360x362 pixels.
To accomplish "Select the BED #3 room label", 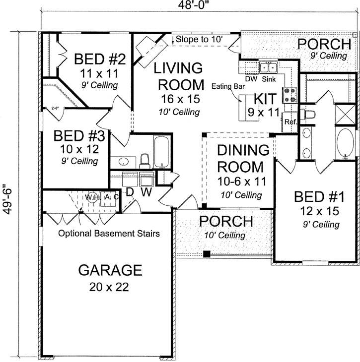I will click(x=76, y=135).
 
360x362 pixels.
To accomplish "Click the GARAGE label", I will click(x=110, y=270).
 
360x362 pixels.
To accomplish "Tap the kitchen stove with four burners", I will click(x=289, y=94).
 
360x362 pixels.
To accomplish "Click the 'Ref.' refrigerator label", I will click(x=289, y=121).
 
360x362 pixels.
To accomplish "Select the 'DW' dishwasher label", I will click(x=251, y=78).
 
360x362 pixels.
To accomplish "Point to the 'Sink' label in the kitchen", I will click(x=268, y=78).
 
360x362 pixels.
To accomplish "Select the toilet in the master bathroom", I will click(x=309, y=116).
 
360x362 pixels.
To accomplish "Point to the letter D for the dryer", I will click(x=130, y=192).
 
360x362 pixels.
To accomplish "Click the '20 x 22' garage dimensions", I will click(x=110, y=287).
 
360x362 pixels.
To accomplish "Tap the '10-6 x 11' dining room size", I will click(x=240, y=181).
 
